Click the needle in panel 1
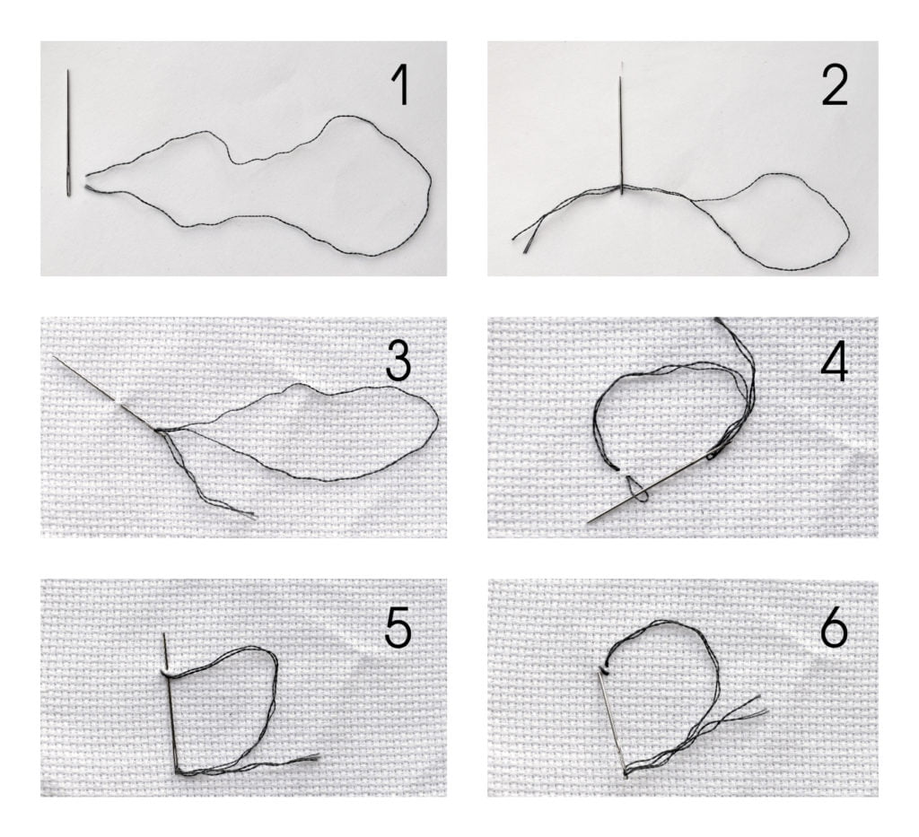point(68,133)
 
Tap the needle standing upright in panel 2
point(621,128)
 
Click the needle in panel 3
point(106,393)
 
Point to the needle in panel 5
point(171,702)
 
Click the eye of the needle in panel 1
point(69,187)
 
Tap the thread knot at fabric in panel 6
point(604,668)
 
